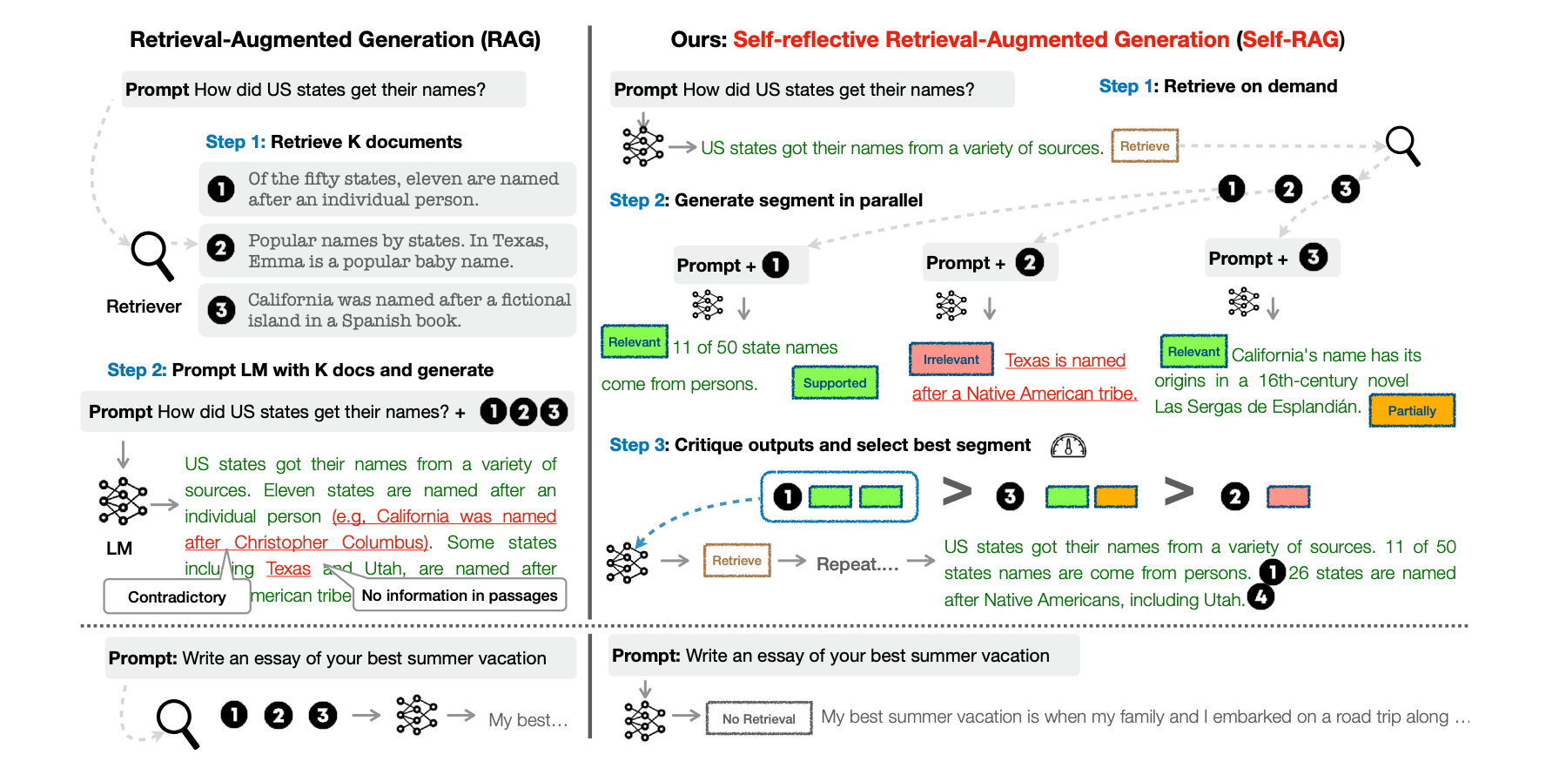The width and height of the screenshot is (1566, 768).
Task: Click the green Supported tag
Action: click(835, 382)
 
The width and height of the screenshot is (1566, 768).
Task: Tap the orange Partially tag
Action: click(1411, 410)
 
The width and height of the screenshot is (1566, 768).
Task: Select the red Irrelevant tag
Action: click(951, 359)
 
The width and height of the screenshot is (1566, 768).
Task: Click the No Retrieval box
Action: click(758, 718)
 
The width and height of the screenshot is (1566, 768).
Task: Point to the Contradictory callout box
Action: click(177, 596)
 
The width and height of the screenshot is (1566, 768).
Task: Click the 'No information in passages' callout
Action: click(460, 596)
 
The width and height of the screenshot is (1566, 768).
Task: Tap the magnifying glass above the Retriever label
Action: click(152, 254)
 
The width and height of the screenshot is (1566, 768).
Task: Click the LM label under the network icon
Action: click(119, 549)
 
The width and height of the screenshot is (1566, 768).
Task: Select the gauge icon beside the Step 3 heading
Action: click(1068, 446)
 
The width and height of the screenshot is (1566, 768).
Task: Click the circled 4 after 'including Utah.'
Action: click(1260, 596)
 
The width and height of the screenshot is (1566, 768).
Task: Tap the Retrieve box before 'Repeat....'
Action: click(736, 561)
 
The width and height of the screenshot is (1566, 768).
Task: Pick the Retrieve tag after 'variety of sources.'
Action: click(1144, 146)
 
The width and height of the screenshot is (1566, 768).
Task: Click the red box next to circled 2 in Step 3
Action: click(1288, 496)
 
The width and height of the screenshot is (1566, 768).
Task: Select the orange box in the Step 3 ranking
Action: click(1115, 496)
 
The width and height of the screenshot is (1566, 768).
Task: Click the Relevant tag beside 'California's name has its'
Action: click(1193, 352)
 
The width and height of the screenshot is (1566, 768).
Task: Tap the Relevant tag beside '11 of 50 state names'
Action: click(635, 342)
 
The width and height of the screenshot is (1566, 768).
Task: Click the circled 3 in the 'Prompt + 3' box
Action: click(1313, 257)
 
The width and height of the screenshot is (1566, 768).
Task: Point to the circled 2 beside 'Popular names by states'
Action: click(221, 248)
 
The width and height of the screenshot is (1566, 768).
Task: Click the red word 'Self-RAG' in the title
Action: click(1290, 39)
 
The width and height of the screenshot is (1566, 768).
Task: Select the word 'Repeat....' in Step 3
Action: click(857, 564)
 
